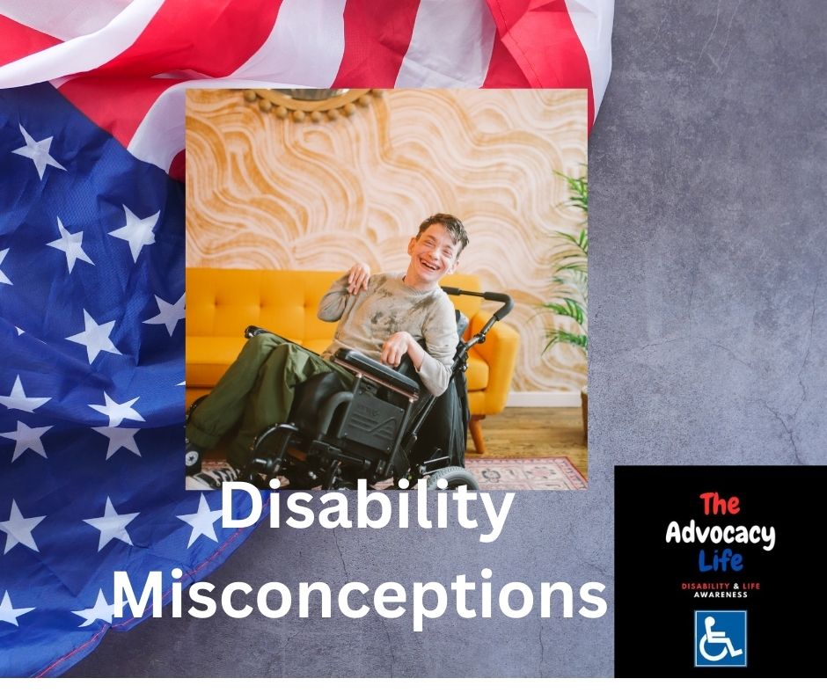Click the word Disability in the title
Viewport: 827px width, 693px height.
tap(365, 514)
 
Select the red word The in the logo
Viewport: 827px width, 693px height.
tap(720, 505)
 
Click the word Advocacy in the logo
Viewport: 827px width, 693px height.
tap(720, 534)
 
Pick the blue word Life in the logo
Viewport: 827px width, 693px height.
tap(720, 560)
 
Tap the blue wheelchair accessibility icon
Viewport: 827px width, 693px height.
tap(721, 638)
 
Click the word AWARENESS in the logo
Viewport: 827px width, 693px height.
tap(721, 595)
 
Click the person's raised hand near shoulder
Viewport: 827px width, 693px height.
tap(358, 278)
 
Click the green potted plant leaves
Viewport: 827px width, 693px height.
tap(567, 264)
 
